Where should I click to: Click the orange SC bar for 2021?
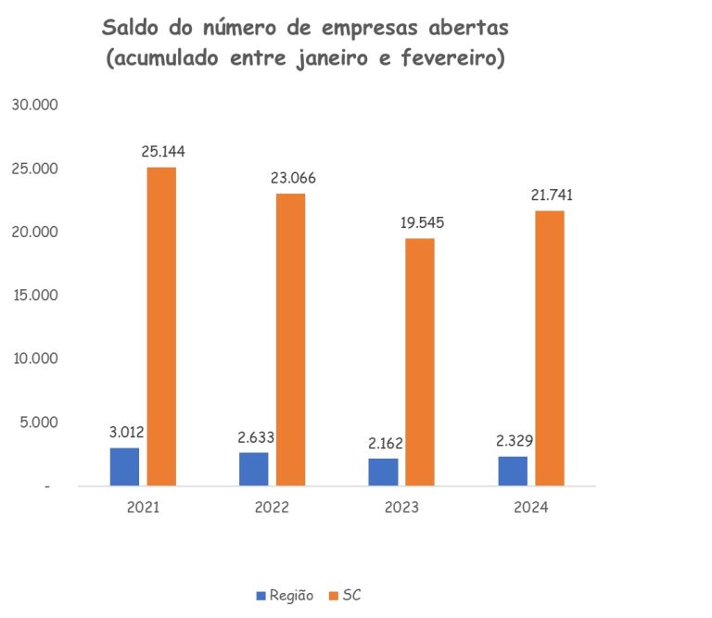pos(161,326)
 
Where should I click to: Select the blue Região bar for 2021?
pos(124,466)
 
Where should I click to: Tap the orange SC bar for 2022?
pos(290,339)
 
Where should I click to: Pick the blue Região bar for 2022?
pos(253,469)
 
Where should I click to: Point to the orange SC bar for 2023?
pos(420,361)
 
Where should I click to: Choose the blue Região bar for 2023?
pos(383,472)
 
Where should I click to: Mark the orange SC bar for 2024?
pos(549,347)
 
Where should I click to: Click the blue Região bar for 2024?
pos(513,471)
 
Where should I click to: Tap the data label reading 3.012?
pos(125,432)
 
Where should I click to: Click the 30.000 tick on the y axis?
pos(34,106)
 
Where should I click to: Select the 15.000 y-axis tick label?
pos(34,296)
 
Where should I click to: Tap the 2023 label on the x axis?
pos(401,508)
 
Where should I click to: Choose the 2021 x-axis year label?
pos(143,508)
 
